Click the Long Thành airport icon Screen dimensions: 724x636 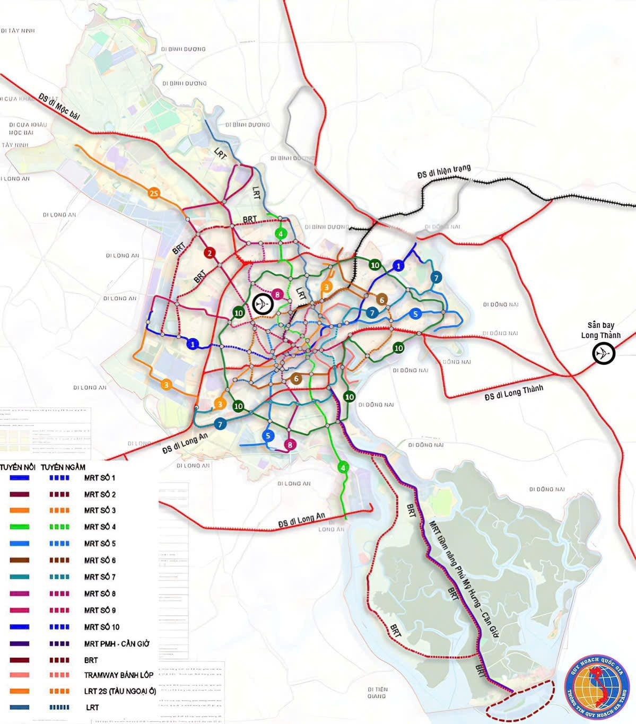[x=604, y=353]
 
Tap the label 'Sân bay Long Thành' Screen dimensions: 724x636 [x=600, y=330]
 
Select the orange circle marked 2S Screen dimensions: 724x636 [x=154, y=193]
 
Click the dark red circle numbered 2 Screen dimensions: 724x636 [x=210, y=253]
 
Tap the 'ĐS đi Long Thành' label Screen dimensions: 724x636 [x=513, y=392]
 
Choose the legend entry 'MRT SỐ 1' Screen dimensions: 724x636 [x=99, y=478]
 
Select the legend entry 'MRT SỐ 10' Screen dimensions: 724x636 [x=101, y=627]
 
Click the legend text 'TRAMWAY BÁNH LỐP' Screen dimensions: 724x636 [x=118, y=675]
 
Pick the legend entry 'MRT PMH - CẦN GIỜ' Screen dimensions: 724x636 [x=117, y=643]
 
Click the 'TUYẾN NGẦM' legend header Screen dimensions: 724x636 [x=63, y=467]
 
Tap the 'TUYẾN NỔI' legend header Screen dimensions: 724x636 [x=18, y=467]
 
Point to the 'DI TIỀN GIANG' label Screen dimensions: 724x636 [x=377, y=692]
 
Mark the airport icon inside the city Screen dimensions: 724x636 [x=263, y=304]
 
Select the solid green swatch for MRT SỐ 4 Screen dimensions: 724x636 [x=19, y=527]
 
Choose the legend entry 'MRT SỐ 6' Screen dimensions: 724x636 [x=99, y=560]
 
